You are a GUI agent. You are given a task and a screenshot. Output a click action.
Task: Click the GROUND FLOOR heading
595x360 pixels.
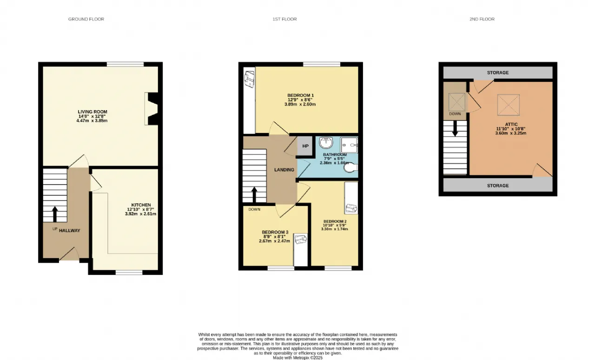[86, 19]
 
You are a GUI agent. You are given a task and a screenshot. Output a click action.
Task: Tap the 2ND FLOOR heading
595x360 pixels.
[482, 19]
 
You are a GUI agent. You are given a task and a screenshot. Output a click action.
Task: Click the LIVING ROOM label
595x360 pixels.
[93, 112]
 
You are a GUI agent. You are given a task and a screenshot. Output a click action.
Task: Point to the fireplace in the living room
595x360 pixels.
[152, 108]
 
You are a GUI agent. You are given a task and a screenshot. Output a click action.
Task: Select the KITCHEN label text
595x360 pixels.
[141, 205]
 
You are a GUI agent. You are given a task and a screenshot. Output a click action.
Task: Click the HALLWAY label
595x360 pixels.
[69, 231]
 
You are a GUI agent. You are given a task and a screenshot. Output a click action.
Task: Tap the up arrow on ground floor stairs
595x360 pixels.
[55, 214]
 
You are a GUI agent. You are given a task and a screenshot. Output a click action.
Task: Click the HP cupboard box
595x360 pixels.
[305, 146]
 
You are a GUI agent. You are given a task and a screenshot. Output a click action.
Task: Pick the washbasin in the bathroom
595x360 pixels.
[326, 142]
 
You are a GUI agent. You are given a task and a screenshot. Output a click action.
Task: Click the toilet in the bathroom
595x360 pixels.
[350, 167]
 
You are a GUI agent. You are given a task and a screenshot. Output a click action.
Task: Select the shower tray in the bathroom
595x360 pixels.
[349, 145]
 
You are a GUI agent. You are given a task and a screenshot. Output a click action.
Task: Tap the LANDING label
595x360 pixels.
[284, 170]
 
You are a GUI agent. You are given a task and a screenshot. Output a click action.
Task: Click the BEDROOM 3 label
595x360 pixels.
[275, 232]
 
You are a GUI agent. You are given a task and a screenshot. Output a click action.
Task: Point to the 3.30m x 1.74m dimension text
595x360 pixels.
[334, 229]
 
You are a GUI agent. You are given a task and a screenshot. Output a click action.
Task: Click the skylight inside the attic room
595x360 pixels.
[509, 105]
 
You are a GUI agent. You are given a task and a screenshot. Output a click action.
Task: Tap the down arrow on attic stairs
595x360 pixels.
[455, 129]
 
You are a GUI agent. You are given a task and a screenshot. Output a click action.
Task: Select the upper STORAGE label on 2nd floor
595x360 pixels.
[498, 73]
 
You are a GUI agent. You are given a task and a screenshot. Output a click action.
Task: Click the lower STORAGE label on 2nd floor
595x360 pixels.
[498, 186]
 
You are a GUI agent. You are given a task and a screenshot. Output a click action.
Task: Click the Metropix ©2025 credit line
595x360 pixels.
[298, 358]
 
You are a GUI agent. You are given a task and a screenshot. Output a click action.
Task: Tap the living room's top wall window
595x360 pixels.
[125, 64]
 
